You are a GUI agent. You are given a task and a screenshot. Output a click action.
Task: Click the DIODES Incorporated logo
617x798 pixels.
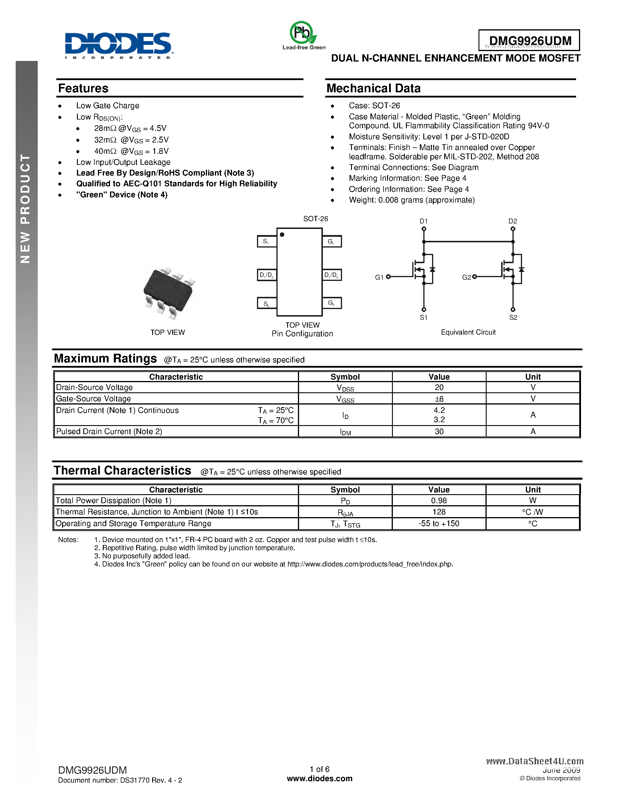(x=118, y=45)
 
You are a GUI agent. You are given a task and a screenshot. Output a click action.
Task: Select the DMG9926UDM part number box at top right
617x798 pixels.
(x=529, y=40)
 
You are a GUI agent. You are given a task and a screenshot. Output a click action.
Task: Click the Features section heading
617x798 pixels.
(x=83, y=89)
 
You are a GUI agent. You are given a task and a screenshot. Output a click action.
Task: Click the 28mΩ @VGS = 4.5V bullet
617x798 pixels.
(x=130, y=128)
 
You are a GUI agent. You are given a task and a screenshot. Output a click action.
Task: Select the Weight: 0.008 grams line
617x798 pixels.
(x=412, y=200)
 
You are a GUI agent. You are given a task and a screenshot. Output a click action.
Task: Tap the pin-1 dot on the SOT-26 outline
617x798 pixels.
(x=282, y=234)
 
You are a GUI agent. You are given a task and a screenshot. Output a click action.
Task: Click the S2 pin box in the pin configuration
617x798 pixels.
(x=267, y=303)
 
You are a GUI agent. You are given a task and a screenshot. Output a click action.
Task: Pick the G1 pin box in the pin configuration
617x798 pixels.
(x=332, y=241)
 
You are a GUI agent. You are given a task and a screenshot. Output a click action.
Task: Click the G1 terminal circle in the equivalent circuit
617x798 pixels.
(x=388, y=277)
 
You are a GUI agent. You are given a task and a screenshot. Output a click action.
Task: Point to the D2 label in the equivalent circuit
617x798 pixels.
(x=512, y=221)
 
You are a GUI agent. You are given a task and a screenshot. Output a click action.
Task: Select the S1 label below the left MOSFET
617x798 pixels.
(x=423, y=317)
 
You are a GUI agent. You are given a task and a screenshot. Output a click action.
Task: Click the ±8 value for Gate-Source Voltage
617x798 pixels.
(x=439, y=399)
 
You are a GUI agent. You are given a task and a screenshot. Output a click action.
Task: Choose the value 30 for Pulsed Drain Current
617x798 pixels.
(x=439, y=432)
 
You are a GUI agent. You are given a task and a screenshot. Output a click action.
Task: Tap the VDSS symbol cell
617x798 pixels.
(x=345, y=388)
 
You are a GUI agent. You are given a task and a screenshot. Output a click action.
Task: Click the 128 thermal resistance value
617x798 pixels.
(x=439, y=512)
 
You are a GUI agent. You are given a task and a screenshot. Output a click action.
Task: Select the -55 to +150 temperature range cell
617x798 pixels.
(x=439, y=523)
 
